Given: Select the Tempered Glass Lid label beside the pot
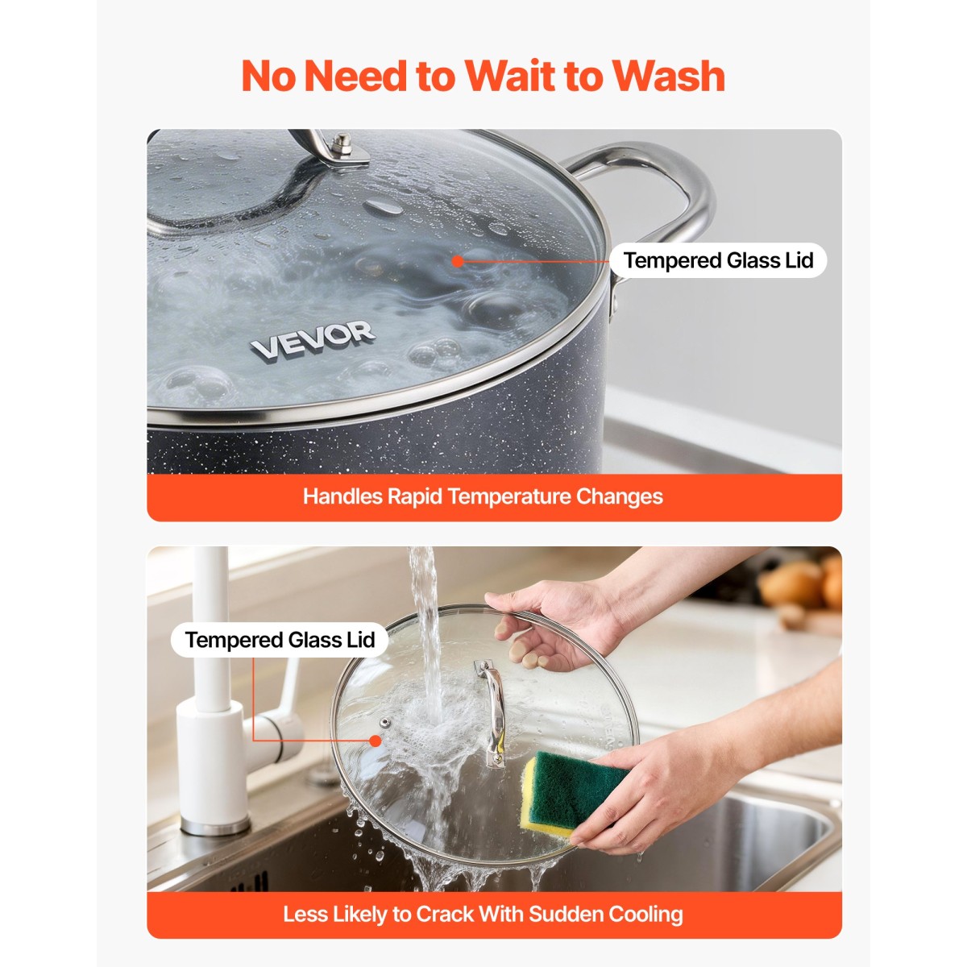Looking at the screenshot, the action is [x=718, y=260].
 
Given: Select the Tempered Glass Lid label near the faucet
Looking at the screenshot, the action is [x=280, y=640].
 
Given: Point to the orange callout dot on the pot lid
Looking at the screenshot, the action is [x=457, y=261].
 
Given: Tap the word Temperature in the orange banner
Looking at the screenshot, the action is [x=508, y=497].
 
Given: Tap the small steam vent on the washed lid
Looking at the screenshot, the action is [x=384, y=723].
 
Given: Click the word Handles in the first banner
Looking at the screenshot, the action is [x=342, y=497].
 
